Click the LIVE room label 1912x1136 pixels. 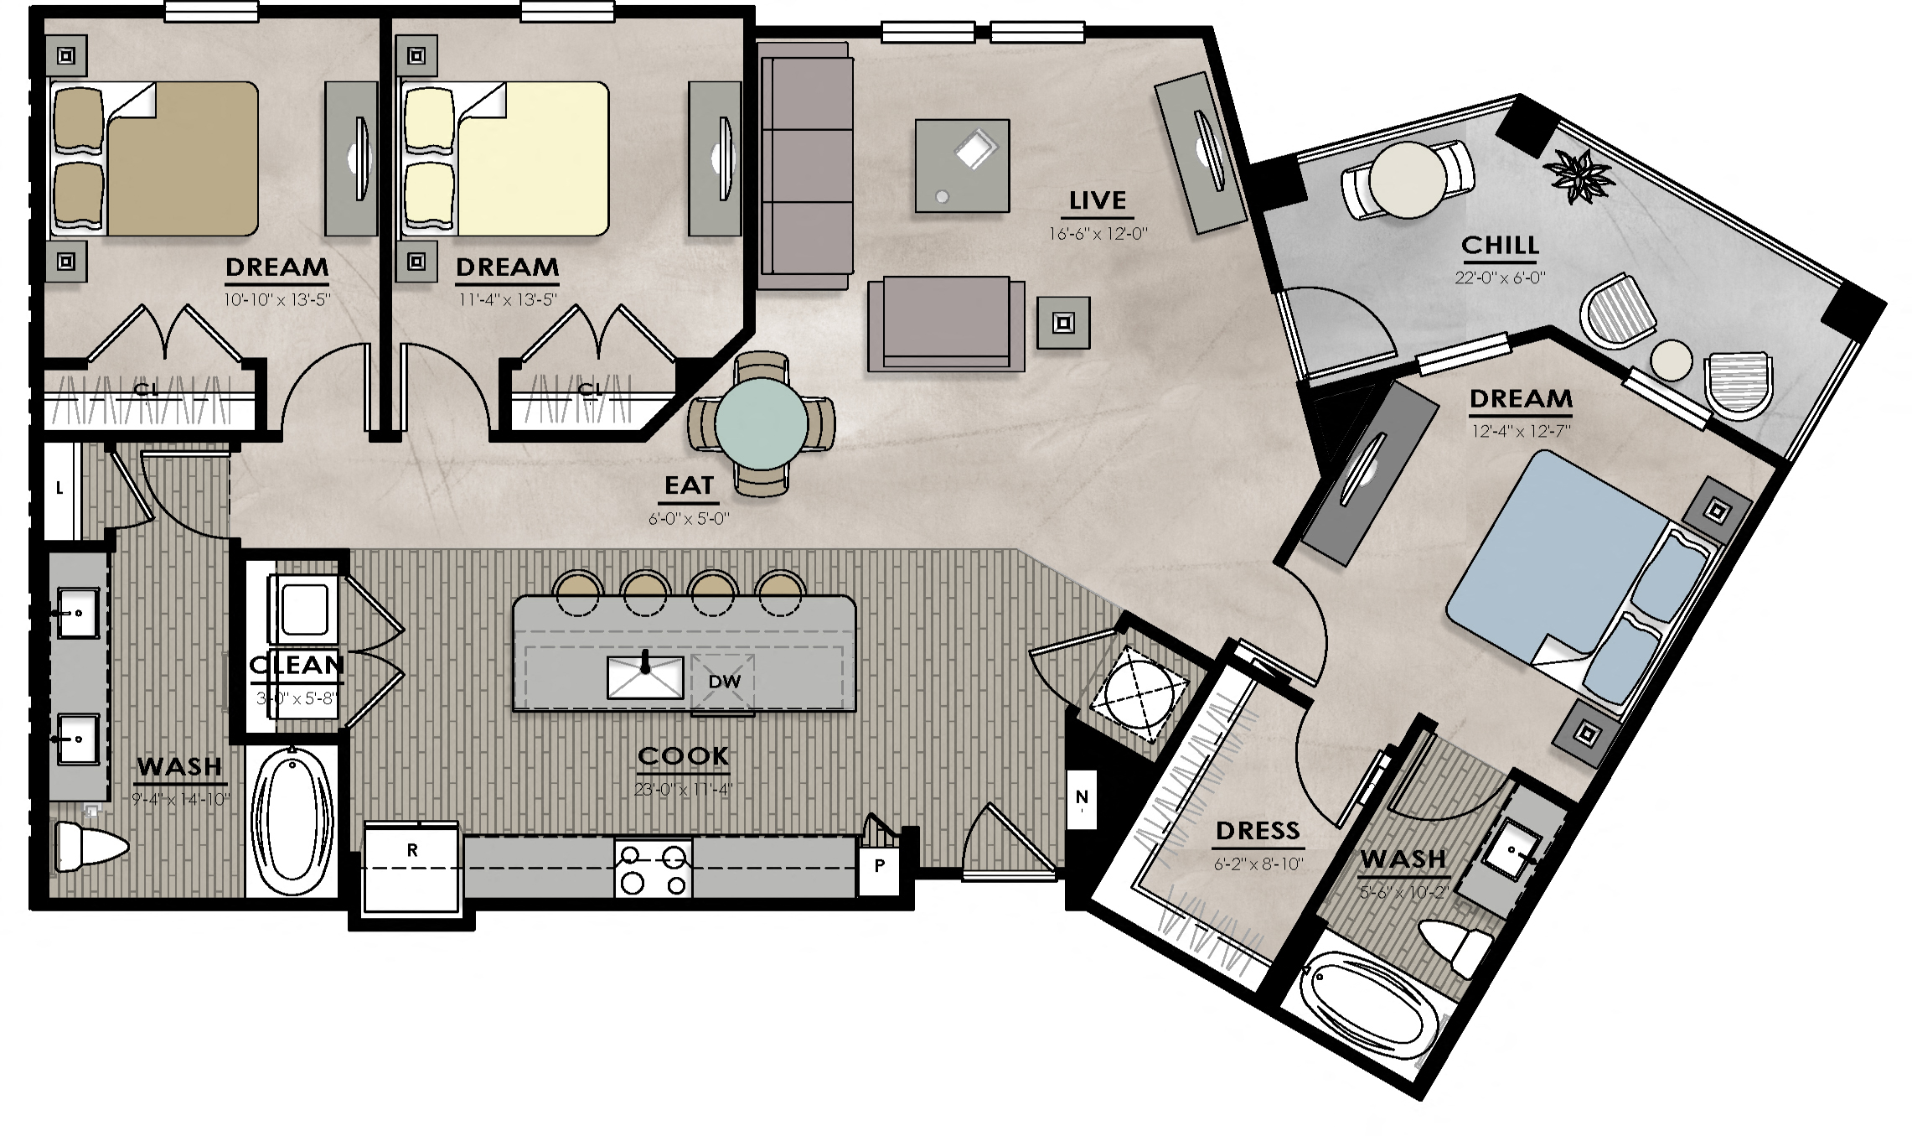(1097, 201)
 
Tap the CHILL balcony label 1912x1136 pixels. (1500, 245)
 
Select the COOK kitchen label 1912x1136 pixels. (683, 756)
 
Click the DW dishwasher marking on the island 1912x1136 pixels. (724, 682)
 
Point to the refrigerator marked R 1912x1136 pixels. (412, 869)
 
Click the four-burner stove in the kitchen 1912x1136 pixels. (654, 869)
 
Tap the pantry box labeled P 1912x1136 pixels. (879, 867)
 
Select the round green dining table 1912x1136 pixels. (761, 423)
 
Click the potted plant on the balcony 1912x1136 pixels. (1579, 176)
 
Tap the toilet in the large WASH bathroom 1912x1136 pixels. (88, 847)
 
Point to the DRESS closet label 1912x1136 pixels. (1257, 831)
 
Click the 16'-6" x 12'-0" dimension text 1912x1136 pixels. (1097, 234)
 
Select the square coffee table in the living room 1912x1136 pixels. (962, 165)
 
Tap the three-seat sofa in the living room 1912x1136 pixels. (804, 165)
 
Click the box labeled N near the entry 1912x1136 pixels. (1082, 798)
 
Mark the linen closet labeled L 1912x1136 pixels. (59, 490)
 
